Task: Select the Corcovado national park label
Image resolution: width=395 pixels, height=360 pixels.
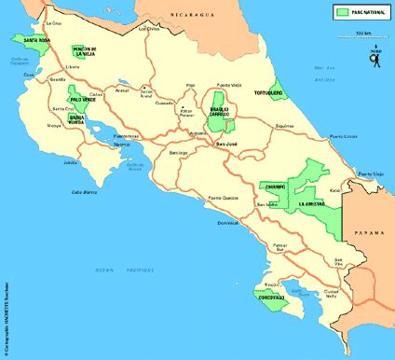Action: (x=271, y=297)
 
